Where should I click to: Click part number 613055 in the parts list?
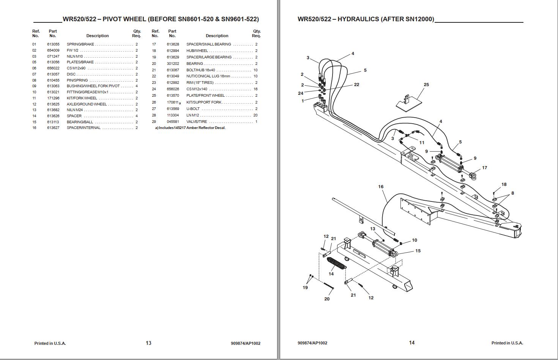(x=53, y=44)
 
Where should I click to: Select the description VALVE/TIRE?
(x=197, y=122)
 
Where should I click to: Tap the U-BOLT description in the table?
(x=193, y=109)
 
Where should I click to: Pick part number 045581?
(x=173, y=122)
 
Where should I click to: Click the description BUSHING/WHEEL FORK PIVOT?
(x=93, y=86)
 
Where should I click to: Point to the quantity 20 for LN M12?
(x=255, y=115)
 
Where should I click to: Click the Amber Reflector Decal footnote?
(x=190, y=128)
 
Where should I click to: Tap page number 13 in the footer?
(x=148, y=343)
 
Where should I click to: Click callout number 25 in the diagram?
(x=426, y=85)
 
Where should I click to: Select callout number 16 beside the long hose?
(x=381, y=187)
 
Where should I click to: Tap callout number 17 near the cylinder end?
(x=484, y=168)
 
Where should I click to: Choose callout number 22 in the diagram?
(x=356, y=85)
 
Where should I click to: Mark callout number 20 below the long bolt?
(x=327, y=299)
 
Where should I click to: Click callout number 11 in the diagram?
(x=422, y=143)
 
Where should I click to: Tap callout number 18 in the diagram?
(x=504, y=184)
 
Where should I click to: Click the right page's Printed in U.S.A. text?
(x=507, y=343)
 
